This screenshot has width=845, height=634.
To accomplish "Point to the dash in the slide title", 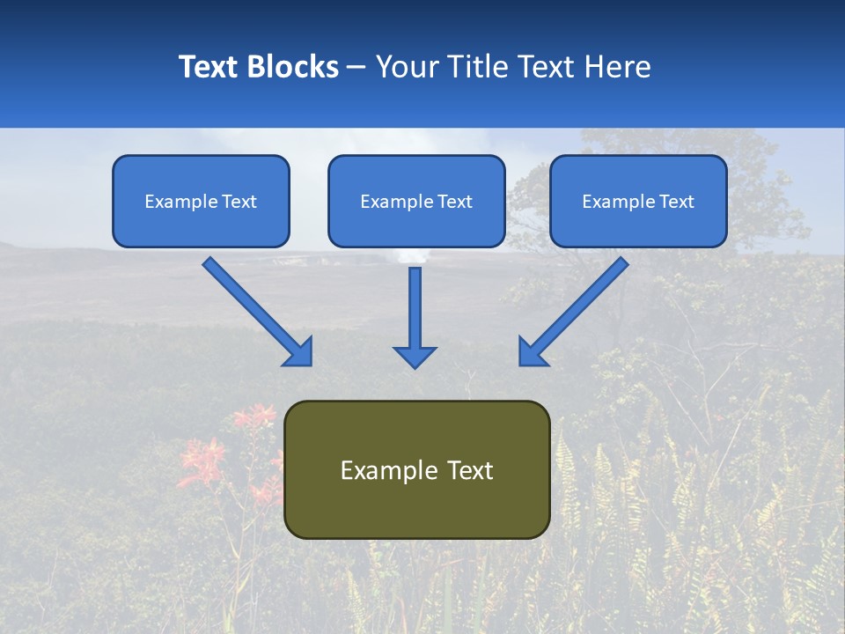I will [x=356, y=67].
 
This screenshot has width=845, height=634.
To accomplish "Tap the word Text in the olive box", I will [x=469, y=470].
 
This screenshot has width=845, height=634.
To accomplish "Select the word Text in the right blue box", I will [x=676, y=202].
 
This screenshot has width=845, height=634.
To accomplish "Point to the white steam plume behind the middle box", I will [x=412, y=256].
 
